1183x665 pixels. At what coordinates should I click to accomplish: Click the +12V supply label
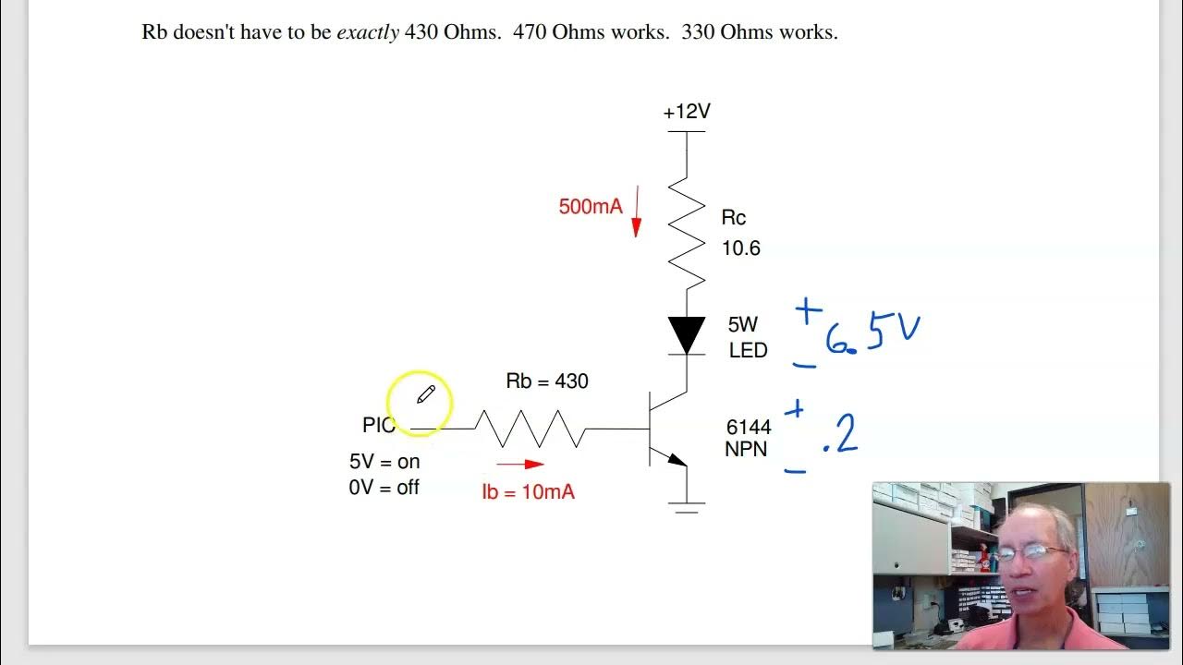687,112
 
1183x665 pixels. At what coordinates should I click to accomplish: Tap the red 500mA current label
591,207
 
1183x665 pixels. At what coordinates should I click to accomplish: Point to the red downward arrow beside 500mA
636,212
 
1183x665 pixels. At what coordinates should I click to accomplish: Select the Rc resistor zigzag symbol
687,235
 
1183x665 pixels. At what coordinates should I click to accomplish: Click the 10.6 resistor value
741,248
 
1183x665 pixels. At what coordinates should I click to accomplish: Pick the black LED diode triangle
687,333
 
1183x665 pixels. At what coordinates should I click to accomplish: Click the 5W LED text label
747,337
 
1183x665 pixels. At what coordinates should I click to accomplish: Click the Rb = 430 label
547,381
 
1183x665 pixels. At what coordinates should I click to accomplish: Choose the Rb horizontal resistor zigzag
531,429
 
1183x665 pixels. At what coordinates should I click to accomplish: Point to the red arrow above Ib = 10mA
520,465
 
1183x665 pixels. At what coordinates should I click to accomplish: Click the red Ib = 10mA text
529,492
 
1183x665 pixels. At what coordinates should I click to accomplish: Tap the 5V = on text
384,462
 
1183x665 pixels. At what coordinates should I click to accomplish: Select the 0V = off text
384,487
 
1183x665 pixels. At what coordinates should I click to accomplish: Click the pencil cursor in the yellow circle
425,395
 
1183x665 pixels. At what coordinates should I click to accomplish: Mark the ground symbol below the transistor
687,505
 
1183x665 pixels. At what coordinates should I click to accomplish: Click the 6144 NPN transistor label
748,439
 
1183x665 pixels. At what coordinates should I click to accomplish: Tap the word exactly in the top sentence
368,33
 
